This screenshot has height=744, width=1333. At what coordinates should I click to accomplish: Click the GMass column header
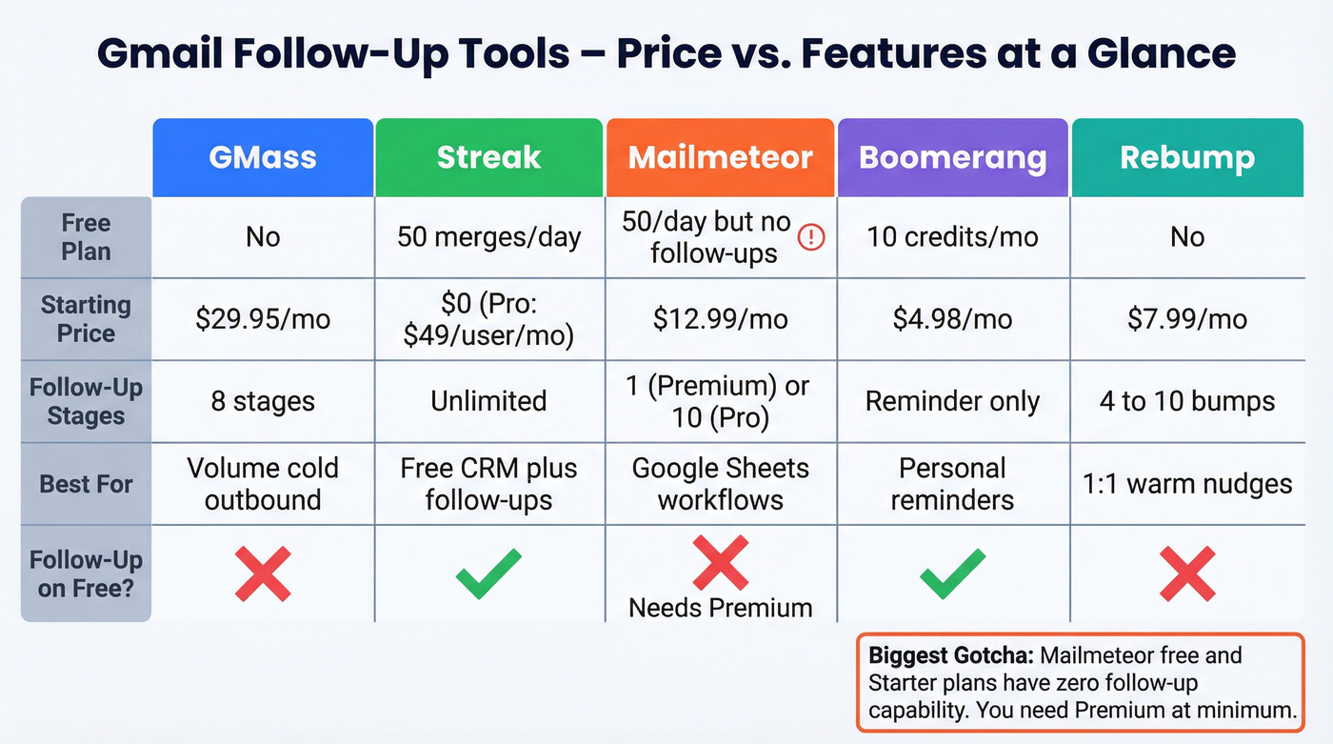[x=263, y=158]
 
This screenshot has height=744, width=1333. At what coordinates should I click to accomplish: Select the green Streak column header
[x=488, y=158]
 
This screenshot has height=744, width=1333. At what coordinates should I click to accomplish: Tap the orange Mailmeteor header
[x=720, y=158]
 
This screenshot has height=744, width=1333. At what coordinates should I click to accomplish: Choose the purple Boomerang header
[x=952, y=158]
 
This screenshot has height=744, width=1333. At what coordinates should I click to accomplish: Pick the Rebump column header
[x=1186, y=158]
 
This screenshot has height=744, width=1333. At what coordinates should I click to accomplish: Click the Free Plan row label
[x=86, y=237]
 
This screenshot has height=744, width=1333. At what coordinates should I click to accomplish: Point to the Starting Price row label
[x=86, y=319]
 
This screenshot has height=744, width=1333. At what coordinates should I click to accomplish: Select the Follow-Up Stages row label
[x=86, y=401]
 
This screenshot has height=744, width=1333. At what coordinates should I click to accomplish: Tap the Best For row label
[x=86, y=484]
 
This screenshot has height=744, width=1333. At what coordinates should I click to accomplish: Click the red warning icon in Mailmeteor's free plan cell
[x=810, y=237]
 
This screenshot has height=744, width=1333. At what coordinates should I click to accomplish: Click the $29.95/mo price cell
[x=263, y=319]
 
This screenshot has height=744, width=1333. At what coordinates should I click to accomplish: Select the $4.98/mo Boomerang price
[x=952, y=319]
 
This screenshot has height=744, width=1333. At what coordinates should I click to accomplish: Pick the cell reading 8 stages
[x=263, y=401]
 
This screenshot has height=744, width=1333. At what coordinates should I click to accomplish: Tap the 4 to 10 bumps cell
[x=1186, y=401]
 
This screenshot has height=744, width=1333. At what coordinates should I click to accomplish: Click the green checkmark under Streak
[x=488, y=573]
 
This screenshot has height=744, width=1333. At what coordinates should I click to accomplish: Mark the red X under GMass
[x=263, y=573]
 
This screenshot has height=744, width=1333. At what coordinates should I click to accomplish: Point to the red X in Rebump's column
[x=1186, y=573]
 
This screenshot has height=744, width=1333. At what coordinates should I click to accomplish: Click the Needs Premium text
[x=720, y=608]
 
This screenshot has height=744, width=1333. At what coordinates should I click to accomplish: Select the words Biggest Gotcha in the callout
[x=950, y=656]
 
